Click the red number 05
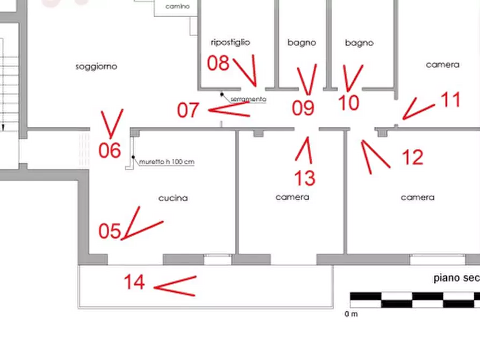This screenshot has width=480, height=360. tap(110, 231)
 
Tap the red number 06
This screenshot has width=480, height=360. tap(110, 150)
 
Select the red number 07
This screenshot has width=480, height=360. tap(189, 110)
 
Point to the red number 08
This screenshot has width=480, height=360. tap(219, 63)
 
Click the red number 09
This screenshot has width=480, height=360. tap(303, 108)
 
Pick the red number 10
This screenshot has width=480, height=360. tap(349, 102)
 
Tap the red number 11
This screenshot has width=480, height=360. tap(450, 99)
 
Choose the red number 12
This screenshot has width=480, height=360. tap(413, 157)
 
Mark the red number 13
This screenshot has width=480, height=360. tap(305, 177)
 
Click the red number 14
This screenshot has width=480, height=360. tap(134, 281)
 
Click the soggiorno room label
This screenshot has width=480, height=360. tap(97, 67)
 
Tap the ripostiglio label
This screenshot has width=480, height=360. tap(231, 42)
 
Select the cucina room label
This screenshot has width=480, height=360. tap(173, 198)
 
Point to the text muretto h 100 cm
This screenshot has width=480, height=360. tap(167, 162)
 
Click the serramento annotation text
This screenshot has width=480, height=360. tap(248, 99)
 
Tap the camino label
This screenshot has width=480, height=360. tap(177, 7)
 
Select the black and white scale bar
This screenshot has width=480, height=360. tap(414, 300)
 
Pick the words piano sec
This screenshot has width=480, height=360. tap(456, 278)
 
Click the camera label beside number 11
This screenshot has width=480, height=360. tap(442, 64)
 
